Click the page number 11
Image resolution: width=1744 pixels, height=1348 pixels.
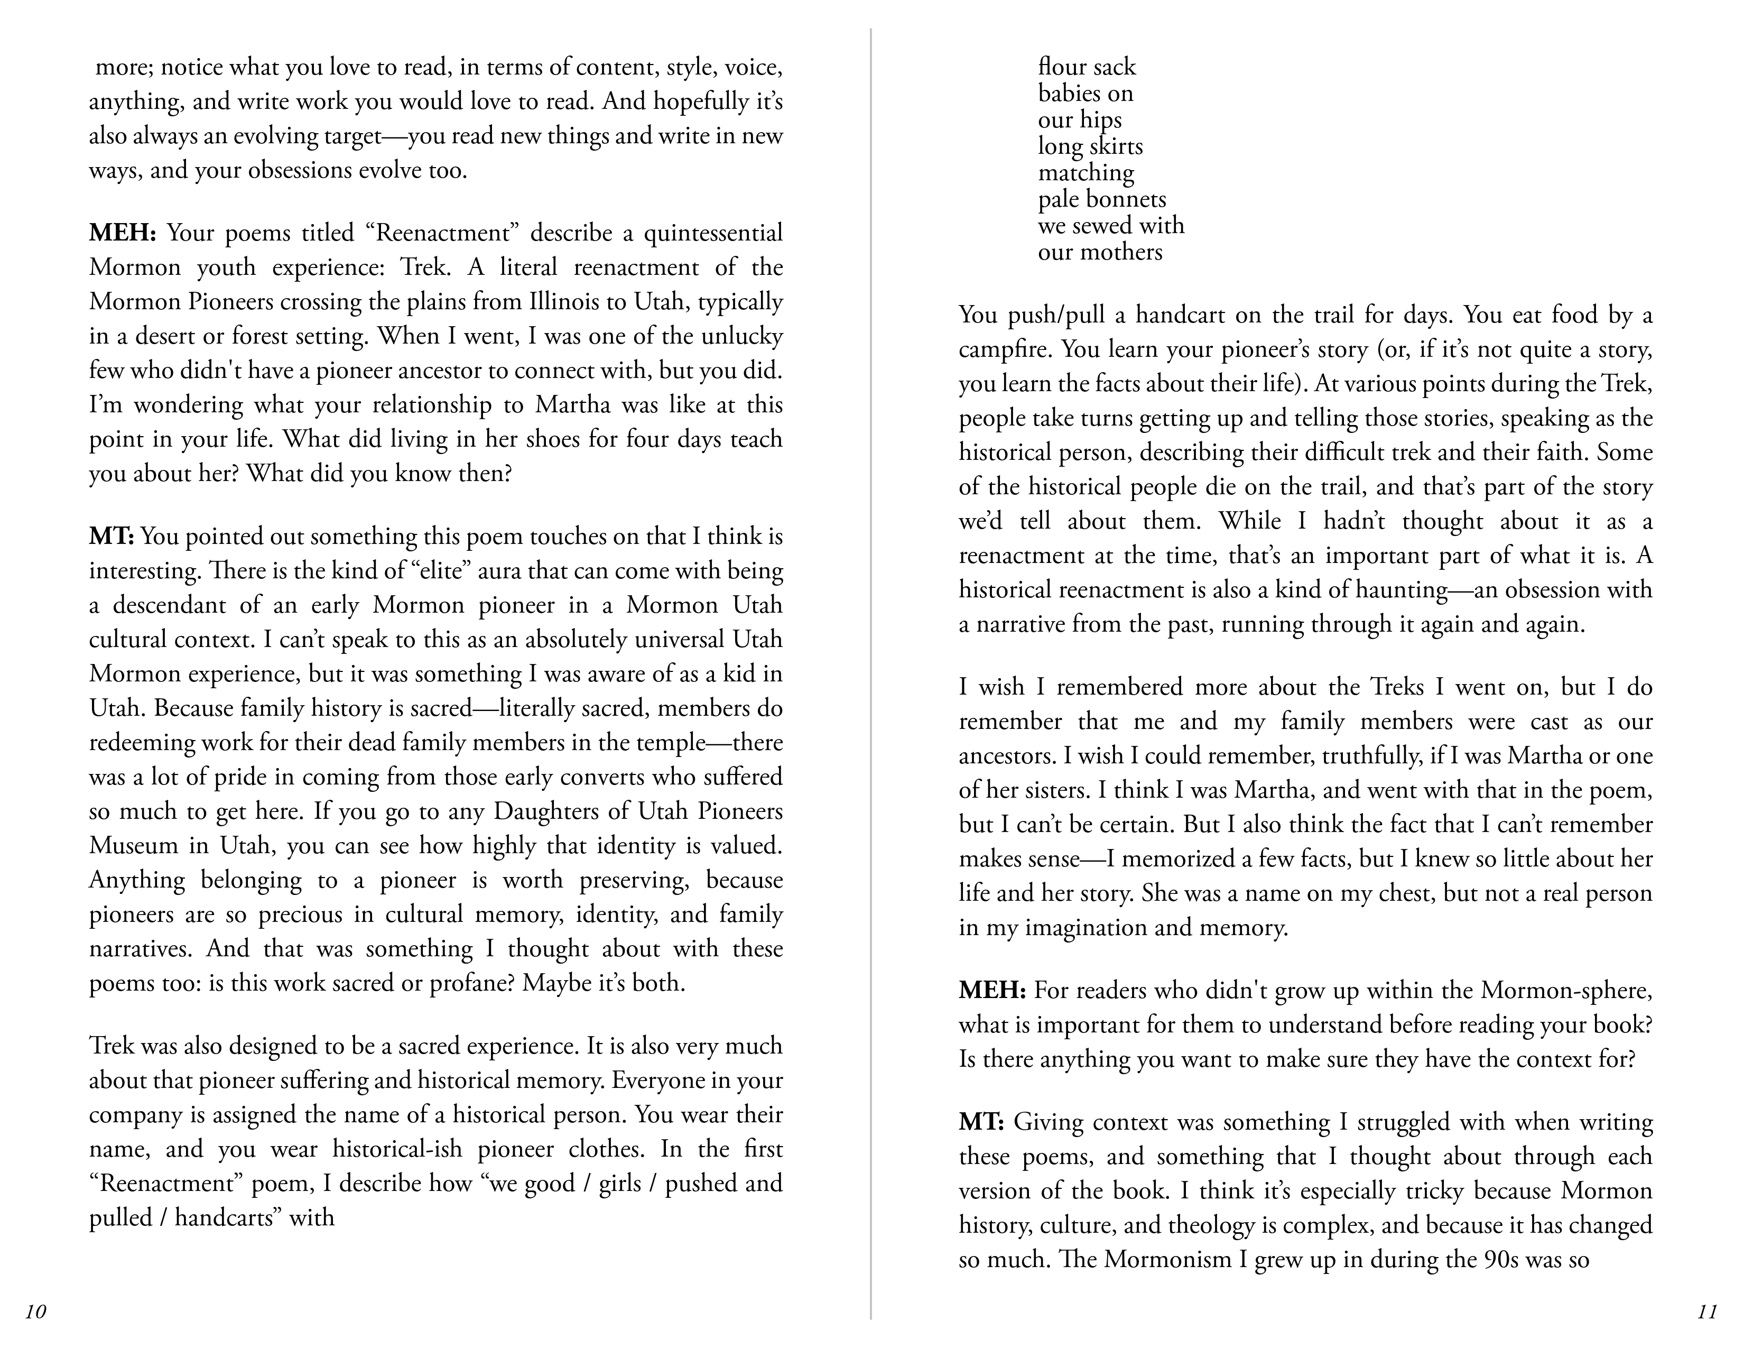pyautogui.click(x=1706, y=1312)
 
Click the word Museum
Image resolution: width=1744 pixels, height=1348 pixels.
pyautogui.click(x=133, y=846)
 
